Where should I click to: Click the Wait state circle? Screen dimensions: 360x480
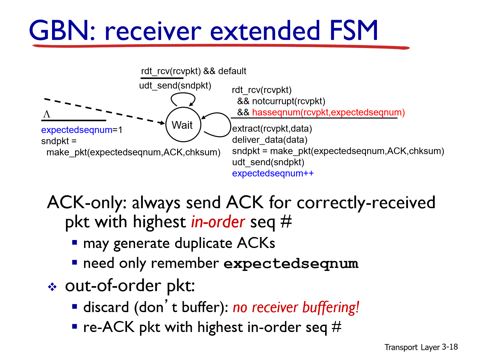point(183,125)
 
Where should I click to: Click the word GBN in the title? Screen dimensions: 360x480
point(59,31)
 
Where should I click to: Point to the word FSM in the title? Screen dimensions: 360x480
point(354,31)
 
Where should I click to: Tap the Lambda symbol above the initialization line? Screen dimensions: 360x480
point(47,114)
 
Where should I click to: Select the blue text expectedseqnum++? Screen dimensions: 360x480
point(273,173)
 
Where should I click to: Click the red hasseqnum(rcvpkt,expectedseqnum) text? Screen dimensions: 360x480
point(328,112)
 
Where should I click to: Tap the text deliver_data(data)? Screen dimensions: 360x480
point(270,140)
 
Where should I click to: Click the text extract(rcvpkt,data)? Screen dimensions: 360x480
point(272,129)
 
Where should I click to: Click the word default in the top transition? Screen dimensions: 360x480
point(232,71)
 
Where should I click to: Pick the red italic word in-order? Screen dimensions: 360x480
point(218,222)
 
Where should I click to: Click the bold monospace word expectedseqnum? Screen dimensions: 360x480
point(291,264)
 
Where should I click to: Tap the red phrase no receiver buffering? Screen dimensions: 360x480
point(296,307)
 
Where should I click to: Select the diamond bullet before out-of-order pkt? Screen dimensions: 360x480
point(52,287)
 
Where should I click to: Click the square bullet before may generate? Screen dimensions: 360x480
point(75,242)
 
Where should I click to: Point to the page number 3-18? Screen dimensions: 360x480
point(450,347)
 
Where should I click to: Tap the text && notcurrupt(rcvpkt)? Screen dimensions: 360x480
point(281,101)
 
